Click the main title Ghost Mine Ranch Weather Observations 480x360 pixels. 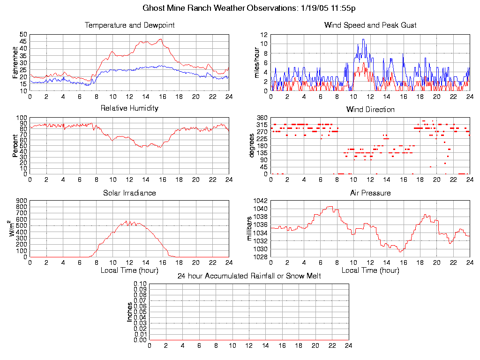tap(249, 8)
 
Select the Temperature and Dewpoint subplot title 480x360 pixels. tap(129, 25)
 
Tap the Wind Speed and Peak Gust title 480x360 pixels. tap(370, 25)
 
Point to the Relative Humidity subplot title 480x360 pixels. tap(129, 108)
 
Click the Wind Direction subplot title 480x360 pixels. tap(370, 110)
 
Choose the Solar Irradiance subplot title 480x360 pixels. tap(129, 193)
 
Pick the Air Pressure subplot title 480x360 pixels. tap(370, 193)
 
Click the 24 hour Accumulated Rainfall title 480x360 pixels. tap(249, 276)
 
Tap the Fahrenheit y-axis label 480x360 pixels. tap(15, 62)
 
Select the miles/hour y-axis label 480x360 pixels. tap(256, 62)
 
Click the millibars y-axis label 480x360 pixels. tap(250, 229)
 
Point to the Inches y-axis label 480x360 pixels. tap(129, 312)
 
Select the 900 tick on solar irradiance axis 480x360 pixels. tap(22, 201)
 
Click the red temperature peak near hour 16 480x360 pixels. tap(161, 39)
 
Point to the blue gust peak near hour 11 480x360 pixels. tap(363, 39)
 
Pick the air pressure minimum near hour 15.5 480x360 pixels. tap(400, 252)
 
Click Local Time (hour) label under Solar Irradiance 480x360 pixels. tap(129, 270)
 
